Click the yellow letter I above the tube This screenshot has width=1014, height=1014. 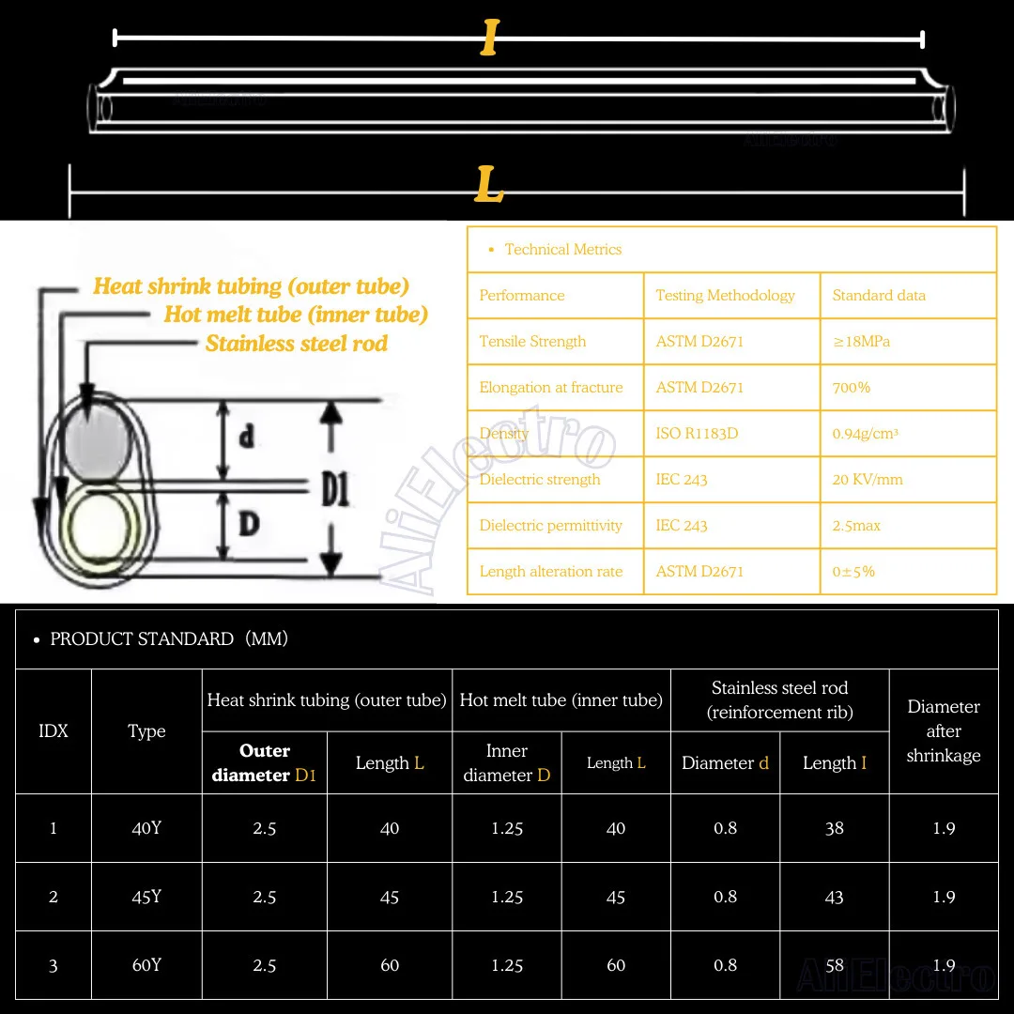pos(489,38)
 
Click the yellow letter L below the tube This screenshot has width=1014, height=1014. pos(489,185)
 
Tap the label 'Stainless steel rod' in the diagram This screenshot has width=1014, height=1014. pos(296,344)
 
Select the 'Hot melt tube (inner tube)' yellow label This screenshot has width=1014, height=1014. pos(296,315)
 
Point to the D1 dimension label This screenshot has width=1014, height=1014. pos(335,489)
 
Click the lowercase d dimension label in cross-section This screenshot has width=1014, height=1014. pos(247,437)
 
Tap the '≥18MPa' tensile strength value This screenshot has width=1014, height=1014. pos(861,342)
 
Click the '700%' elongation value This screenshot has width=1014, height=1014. pos(852,388)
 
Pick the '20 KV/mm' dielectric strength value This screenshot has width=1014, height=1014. pos(868,480)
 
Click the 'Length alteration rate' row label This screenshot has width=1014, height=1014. pos(551,572)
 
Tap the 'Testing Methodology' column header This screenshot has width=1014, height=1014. pos(725,296)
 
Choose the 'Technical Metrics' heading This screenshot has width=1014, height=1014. pos(562,250)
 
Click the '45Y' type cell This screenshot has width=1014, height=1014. pos(146,897)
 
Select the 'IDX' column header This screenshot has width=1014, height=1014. pos(54,731)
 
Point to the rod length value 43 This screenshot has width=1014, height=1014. pos(834,897)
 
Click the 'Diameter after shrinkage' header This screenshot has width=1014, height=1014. pos(944,731)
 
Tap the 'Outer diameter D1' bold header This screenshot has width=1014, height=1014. pos(265,762)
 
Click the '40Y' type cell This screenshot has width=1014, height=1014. pos(146,828)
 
